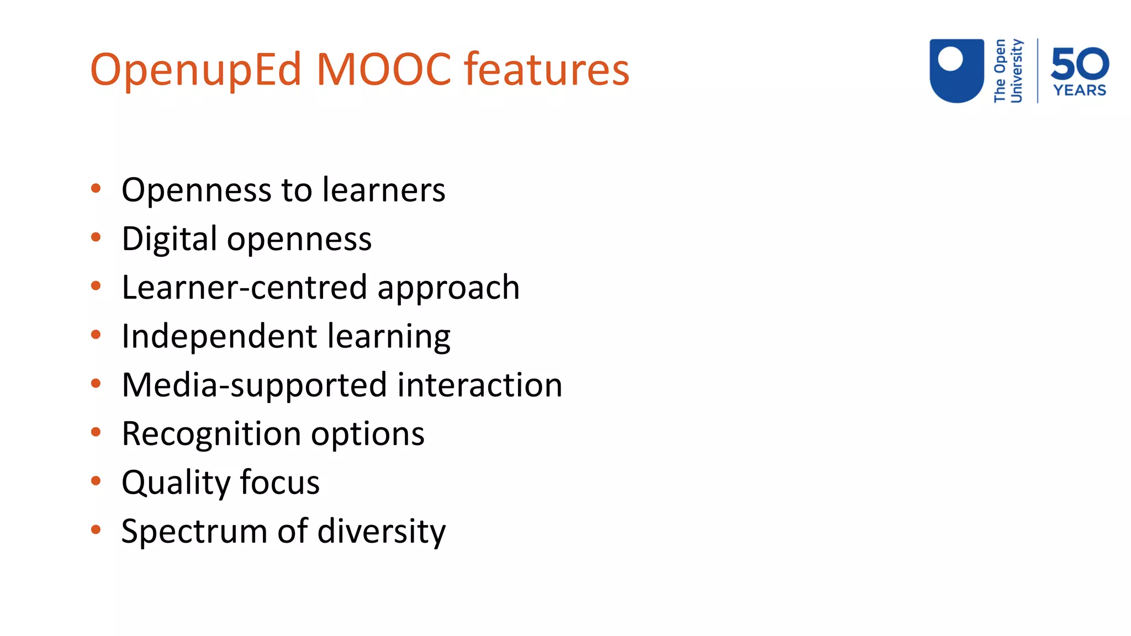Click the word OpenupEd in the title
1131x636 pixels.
click(x=196, y=70)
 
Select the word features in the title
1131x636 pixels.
click(x=547, y=69)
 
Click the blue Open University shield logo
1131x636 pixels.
click(x=956, y=70)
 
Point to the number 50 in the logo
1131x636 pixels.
click(x=1080, y=63)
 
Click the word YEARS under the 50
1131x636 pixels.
click(x=1080, y=90)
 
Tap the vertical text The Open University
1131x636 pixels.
click(x=1008, y=71)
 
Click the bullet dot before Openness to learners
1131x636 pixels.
click(x=96, y=188)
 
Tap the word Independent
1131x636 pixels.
click(x=219, y=336)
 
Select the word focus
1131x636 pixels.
click(x=279, y=482)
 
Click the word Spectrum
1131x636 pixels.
click(x=194, y=532)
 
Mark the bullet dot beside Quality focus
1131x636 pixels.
click(x=96, y=481)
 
